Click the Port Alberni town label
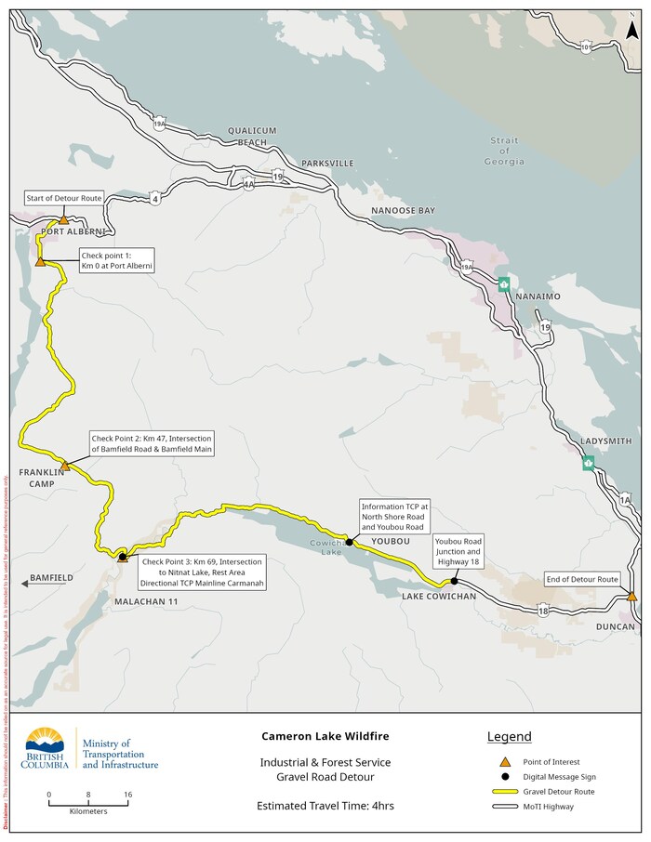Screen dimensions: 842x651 coord(67,231)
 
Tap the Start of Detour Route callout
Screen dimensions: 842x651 coord(64,199)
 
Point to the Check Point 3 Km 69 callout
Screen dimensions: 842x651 coord(204,572)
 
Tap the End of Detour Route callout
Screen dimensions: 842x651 coord(582,579)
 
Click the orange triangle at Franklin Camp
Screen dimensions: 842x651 coord(64,465)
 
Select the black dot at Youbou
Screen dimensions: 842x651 coord(349,541)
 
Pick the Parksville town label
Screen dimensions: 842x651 coord(326,164)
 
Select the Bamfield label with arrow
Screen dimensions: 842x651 coord(45,578)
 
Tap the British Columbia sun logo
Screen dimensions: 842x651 coord(46,743)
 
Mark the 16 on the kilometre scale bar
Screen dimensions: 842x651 coord(126,795)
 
